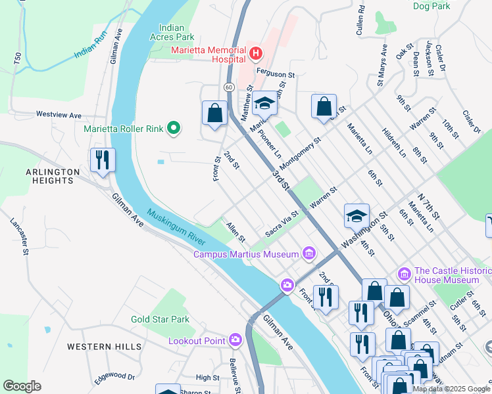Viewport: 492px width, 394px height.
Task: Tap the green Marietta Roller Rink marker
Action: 174,127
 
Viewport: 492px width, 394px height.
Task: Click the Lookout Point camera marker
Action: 235,340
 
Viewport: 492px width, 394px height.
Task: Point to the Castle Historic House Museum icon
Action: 405,273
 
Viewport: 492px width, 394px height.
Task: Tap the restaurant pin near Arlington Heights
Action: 103,160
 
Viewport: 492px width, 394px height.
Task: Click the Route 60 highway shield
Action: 228,87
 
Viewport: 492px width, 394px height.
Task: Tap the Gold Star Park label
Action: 160,319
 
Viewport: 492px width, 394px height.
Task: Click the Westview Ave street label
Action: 58,114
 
